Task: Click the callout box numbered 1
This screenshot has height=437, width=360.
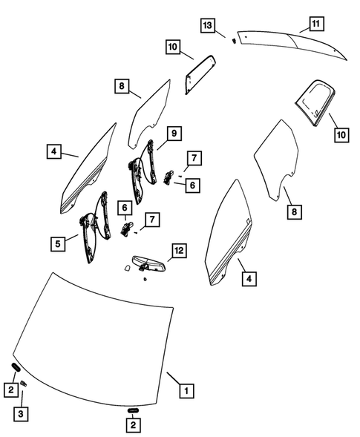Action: click(x=186, y=391)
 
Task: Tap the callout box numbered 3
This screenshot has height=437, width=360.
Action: click(x=21, y=414)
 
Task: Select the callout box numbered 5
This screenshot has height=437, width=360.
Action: click(x=58, y=244)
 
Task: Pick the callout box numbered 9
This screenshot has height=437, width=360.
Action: click(x=174, y=134)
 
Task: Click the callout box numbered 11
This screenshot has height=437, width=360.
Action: click(x=315, y=24)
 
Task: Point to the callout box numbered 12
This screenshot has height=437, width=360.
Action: click(x=179, y=251)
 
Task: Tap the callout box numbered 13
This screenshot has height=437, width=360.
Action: click(x=208, y=25)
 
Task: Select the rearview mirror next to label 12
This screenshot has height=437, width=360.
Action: click(x=149, y=263)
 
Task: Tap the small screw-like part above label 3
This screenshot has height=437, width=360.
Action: click(x=24, y=384)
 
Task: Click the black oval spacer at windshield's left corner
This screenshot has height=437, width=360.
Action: click(x=15, y=367)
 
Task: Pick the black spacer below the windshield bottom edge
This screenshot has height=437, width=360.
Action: click(x=134, y=410)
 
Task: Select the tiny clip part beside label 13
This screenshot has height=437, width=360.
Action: click(x=235, y=41)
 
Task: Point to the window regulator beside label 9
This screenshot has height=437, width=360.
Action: click(x=143, y=172)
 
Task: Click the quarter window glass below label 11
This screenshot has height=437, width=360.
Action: click(x=315, y=103)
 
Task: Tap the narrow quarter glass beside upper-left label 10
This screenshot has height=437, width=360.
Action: click(x=200, y=74)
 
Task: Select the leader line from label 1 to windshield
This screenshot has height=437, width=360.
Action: click(x=173, y=378)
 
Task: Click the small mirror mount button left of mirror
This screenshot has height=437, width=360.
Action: click(x=127, y=268)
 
